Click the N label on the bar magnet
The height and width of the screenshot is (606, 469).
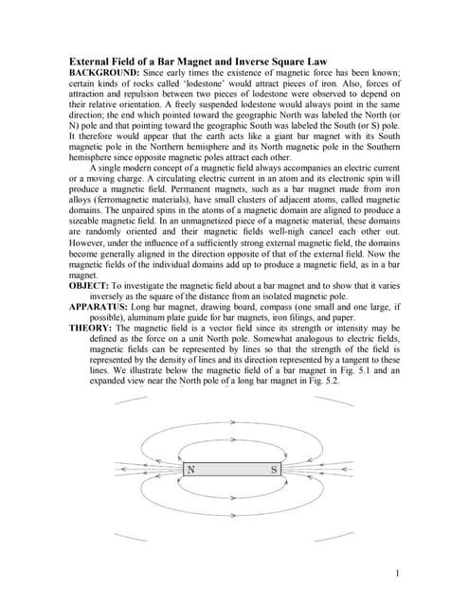pyautogui.click(x=191, y=470)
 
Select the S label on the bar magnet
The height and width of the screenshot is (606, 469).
pyautogui.click(x=274, y=470)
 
